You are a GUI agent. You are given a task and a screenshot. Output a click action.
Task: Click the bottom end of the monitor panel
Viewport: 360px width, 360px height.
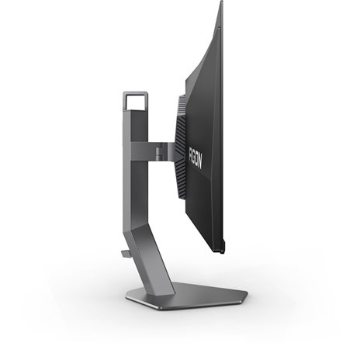pos(220,250)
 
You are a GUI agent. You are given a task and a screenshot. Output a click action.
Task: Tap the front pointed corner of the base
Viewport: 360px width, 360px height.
pos(246,295)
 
